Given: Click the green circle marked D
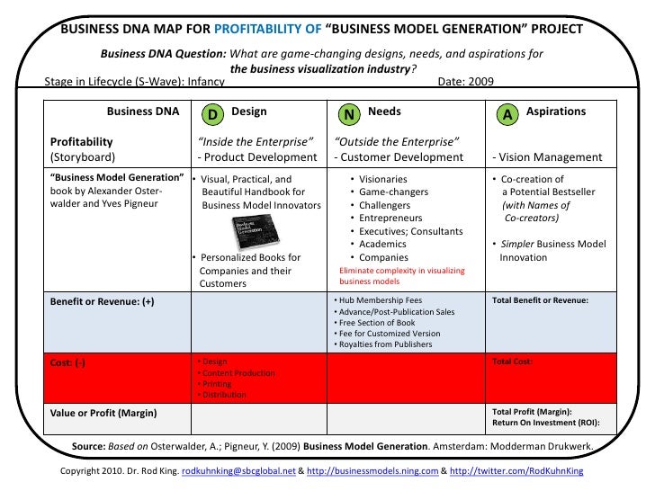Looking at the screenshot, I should [x=212, y=114].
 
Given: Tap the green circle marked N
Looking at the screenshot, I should [x=349, y=114].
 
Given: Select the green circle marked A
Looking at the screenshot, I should [x=507, y=114].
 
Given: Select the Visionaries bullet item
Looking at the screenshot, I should [x=382, y=180].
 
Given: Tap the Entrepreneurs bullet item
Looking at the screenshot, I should [x=390, y=219].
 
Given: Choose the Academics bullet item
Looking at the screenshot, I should [x=382, y=244].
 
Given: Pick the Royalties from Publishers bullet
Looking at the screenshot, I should [x=385, y=344].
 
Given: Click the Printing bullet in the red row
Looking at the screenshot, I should [x=217, y=383].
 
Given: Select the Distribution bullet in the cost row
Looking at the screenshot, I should [x=223, y=394].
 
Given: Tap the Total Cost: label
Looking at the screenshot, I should [x=513, y=361].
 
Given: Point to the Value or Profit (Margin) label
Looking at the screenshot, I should [x=103, y=413].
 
